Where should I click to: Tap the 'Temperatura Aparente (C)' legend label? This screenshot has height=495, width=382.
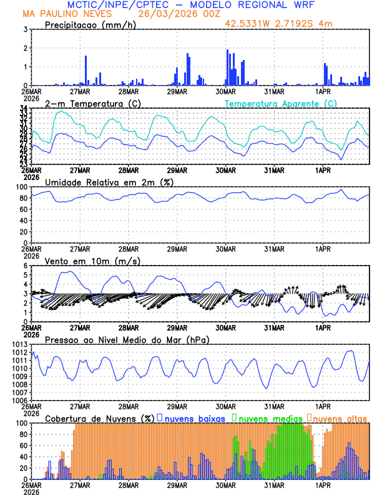[x=281, y=103]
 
